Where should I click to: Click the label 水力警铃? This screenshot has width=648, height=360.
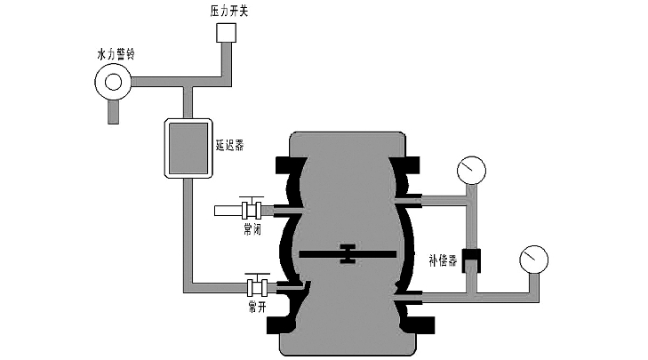[114, 54]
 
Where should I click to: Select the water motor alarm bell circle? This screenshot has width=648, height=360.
[113, 82]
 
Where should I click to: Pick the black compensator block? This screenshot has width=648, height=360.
[472, 260]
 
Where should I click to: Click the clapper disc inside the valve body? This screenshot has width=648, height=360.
[348, 254]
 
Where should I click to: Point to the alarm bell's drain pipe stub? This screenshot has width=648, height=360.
[113, 110]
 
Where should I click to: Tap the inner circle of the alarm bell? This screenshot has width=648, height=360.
[113, 83]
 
